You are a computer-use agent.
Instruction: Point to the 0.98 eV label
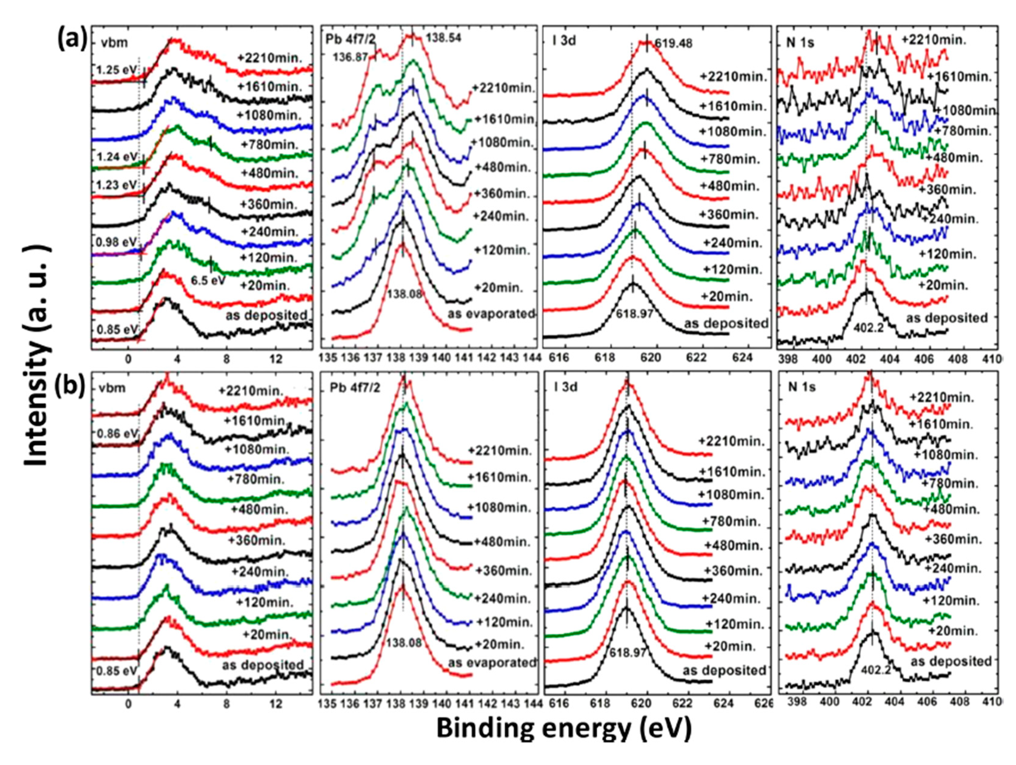tap(116, 241)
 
